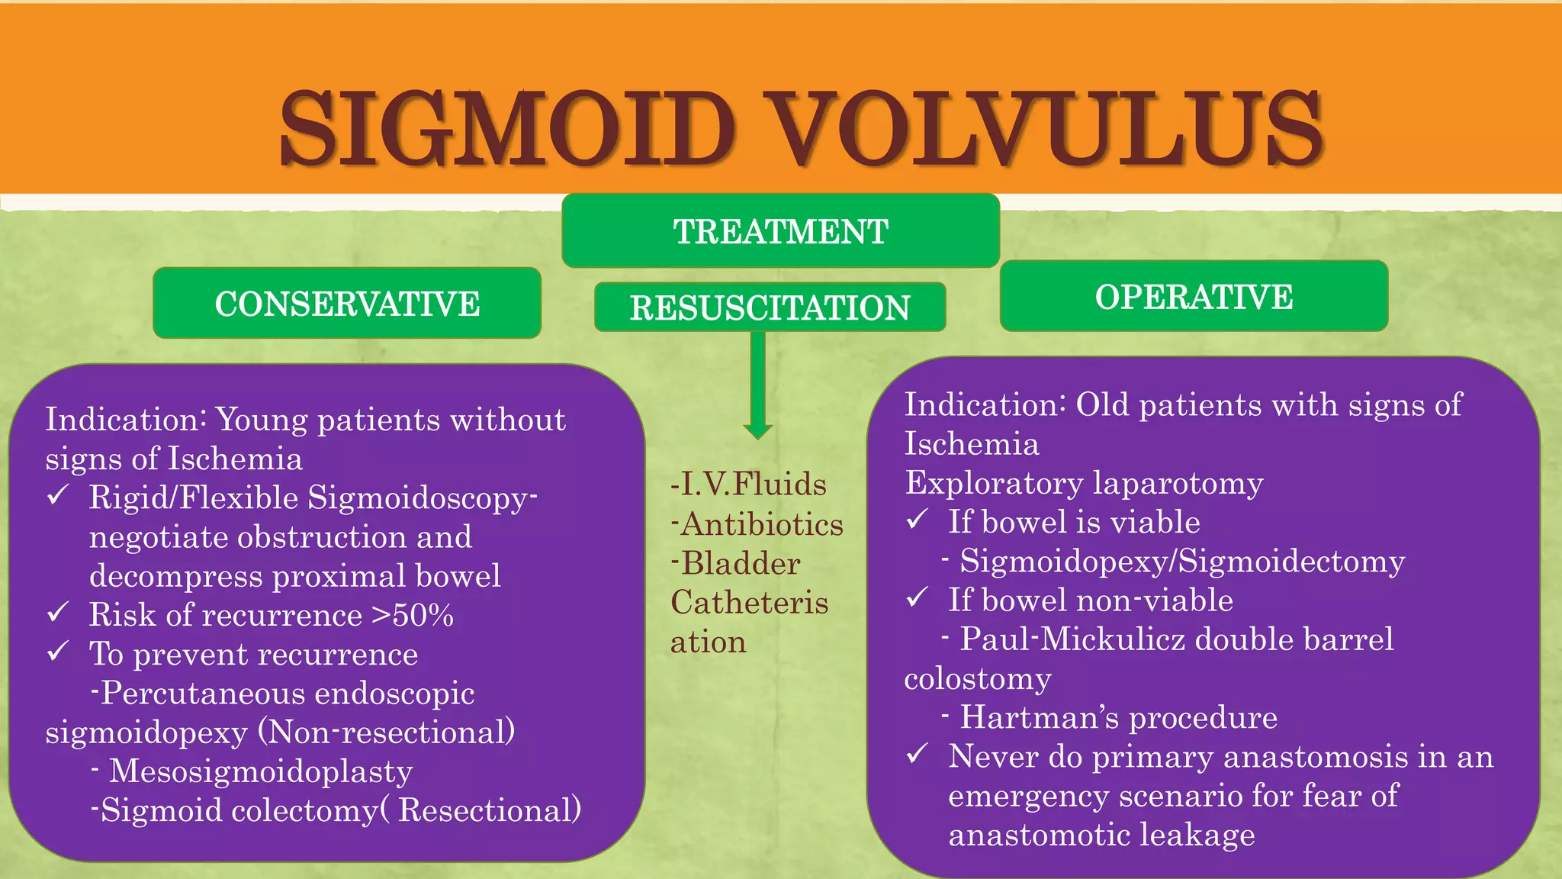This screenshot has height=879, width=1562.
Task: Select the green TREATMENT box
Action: coord(780,231)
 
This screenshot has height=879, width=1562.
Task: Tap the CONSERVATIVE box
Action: coord(347,304)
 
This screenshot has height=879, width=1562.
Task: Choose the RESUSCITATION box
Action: coord(770,307)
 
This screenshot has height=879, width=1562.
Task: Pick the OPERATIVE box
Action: coord(1194,297)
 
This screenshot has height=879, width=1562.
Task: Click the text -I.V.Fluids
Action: coord(748,485)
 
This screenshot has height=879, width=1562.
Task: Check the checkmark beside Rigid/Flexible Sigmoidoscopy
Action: coord(59,496)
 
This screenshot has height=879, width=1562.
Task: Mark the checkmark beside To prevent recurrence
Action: coord(59,652)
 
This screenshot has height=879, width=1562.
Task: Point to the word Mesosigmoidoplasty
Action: coord(261,771)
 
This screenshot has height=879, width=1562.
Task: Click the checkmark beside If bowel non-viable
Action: coord(918,597)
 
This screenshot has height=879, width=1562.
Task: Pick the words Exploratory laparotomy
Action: coord(1084,483)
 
